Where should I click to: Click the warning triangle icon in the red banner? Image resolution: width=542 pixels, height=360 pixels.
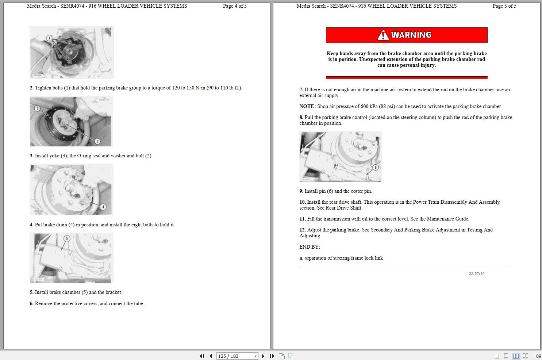[x=383, y=35]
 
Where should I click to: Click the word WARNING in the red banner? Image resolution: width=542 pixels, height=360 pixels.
[x=411, y=35]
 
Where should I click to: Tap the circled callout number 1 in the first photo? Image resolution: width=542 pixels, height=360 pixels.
[x=49, y=38]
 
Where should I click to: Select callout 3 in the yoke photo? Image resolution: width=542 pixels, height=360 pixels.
[x=37, y=108]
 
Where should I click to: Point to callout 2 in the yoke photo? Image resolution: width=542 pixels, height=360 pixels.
[x=97, y=141]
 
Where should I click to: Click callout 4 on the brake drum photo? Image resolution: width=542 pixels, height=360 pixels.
[x=103, y=207]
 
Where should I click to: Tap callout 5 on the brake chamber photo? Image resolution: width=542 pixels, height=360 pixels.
[x=66, y=238]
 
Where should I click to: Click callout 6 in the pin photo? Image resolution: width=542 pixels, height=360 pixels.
[x=375, y=167]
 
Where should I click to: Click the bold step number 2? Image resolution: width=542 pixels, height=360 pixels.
[x=31, y=88]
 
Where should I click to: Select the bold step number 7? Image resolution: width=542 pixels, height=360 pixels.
[x=301, y=90]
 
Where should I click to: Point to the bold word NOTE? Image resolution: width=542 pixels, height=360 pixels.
[x=307, y=107]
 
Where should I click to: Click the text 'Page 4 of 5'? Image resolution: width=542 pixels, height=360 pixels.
[x=235, y=6]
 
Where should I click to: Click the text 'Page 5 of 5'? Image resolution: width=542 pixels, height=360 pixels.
[x=504, y=6]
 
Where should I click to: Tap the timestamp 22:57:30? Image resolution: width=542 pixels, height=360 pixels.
[x=476, y=274]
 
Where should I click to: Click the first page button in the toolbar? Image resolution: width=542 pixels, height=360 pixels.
[x=202, y=356]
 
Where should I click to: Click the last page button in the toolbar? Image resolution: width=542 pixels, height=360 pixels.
[x=272, y=356]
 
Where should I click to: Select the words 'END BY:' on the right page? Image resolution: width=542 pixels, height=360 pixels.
[x=310, y=247]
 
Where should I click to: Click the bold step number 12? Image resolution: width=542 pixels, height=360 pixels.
[x=303, y=230]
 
